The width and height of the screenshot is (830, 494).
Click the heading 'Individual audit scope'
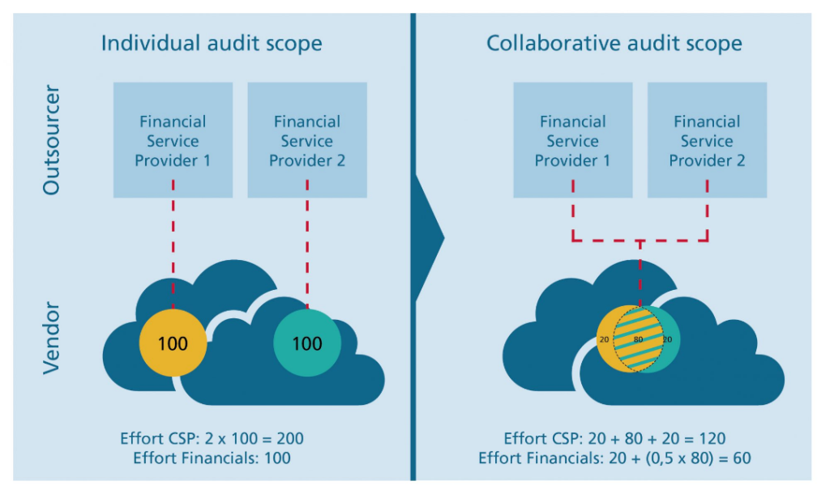click(212, 43)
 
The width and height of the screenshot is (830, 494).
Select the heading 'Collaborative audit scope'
click(614, 43)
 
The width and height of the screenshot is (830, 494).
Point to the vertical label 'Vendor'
click(51, 338)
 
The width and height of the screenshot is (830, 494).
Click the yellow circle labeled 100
click(173, 343)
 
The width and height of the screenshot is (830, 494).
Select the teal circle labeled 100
click(306, 343)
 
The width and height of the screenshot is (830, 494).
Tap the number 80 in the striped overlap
click(638, 339)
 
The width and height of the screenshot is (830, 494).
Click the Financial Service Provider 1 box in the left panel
click(173, 140)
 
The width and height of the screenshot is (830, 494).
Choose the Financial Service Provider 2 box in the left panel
click(307, 140)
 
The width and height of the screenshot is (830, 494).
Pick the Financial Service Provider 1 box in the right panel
click(573, 140)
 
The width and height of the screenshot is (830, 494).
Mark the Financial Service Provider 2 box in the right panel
click(707, 140)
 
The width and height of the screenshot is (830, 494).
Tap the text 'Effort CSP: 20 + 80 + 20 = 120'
click(614, 438)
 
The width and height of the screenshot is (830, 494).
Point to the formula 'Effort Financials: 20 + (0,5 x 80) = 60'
click(614, 458)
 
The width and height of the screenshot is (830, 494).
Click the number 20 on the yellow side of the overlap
click(603, 339)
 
